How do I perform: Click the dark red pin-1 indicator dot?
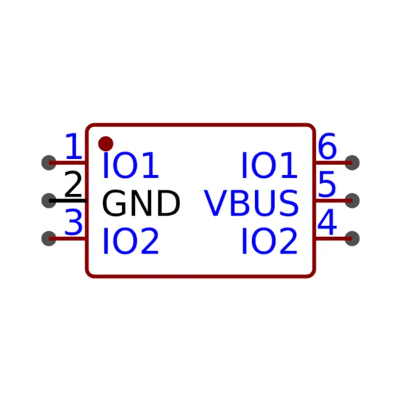coord(106,144)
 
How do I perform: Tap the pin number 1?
coord(74,146)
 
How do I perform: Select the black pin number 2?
coord(73,184)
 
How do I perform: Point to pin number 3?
coord(74,222)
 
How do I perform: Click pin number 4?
coord(327,222)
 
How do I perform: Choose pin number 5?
coord(327,184)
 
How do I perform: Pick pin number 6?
coord(327,146)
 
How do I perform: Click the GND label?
coord(141,203)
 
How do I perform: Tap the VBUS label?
coord(251,203)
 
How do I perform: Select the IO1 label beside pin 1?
coord(131,166)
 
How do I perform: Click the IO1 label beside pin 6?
coord(269,166)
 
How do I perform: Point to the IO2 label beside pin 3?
coord(131,241)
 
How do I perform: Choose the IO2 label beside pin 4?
coord(269,241)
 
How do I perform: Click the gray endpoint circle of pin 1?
coord(49,163)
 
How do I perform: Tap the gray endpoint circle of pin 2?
coord(49,200)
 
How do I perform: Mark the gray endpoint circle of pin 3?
coord(49,238)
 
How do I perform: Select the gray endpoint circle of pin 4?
coord(352,238)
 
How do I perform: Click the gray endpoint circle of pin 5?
coord(352,200)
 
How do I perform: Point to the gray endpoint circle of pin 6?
coord(352,163)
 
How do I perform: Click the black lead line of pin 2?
coord(68,200)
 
